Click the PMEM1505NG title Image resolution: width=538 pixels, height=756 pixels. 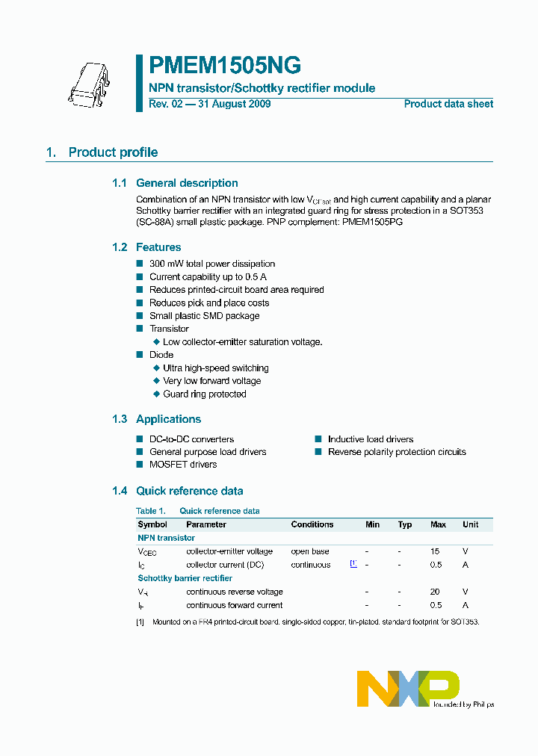pos(225,66)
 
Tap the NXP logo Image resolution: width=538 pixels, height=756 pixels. pos(409,687)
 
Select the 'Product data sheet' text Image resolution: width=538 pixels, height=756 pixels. pos(448,105)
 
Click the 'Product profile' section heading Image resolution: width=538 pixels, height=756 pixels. pos(113,152)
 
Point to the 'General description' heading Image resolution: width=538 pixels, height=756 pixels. pos(187,183)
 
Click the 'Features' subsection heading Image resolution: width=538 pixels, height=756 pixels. pos(158,247)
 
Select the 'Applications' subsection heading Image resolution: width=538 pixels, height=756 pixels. pos(168,419)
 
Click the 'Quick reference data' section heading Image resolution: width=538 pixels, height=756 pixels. pos(189,491)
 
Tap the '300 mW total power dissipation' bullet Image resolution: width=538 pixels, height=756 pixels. pos(212,264)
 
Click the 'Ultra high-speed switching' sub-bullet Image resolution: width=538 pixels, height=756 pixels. pos(216,368)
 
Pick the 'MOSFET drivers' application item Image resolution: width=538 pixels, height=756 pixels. pos(183,465)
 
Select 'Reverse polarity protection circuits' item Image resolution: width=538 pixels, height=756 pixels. pos(397,452)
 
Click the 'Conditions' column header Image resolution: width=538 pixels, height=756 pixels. pos(312,524)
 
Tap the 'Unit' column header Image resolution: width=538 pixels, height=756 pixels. pos(470,524)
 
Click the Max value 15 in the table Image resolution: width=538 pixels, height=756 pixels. pos(435,551)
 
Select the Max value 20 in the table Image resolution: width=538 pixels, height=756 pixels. pos(435,592)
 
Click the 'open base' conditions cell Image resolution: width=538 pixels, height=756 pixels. pos(310,551)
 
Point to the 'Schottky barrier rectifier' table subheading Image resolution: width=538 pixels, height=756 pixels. pos(185,578)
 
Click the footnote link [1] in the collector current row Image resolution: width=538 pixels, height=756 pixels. pos(353,564)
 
